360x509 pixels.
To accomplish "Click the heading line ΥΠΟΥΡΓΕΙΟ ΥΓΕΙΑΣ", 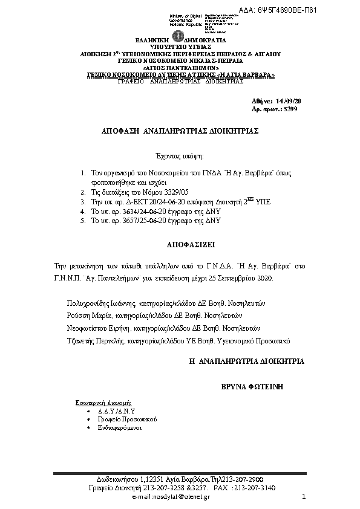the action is (x=180, y=46).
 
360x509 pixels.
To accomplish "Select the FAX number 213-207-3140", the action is (x=255, y=487).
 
